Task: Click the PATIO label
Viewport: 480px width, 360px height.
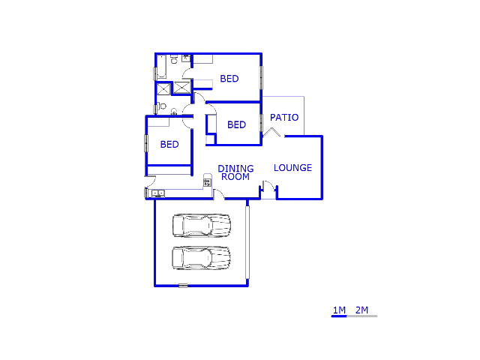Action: pos(284,118)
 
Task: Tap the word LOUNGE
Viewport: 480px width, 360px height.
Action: pos(292,168)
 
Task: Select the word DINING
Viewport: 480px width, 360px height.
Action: pos(235,168)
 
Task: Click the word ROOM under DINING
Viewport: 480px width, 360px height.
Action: pos(235,177)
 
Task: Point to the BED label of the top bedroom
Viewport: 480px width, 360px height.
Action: pos(229,79)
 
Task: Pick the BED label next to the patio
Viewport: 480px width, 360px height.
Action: pos(237,124)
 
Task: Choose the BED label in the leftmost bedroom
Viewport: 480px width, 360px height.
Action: pos(169,144)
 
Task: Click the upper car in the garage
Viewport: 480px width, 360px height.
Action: pos(202,226)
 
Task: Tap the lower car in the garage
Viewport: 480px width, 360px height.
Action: pos(202,258)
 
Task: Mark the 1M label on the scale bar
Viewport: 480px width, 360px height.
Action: pos(339,310)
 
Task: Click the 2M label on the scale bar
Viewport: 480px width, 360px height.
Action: pos(361,310)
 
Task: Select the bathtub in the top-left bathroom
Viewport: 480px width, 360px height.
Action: pos(162,67)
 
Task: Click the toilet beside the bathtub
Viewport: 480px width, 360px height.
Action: pos(174,59)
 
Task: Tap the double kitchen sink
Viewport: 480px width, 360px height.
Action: pos(158,193)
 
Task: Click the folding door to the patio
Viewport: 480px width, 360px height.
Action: pos(271,132)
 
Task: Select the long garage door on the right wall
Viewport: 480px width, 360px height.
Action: pos(247,242)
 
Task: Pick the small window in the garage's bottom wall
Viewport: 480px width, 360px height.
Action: pos(183,286)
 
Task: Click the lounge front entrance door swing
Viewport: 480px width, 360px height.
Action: pos(269,187)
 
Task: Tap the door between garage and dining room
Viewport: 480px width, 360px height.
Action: pos(218,195)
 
